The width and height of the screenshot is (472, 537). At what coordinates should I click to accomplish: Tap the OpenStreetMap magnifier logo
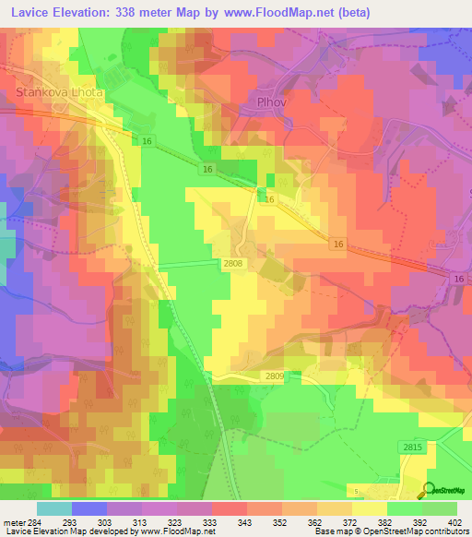click(x=428, y=490)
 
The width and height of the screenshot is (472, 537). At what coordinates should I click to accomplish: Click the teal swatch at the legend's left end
click(x=53, y=508)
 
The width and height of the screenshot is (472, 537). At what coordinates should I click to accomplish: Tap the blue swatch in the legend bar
click(x=88, y=508)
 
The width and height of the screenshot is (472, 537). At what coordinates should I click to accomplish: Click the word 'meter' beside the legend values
click(x=11, y=521)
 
